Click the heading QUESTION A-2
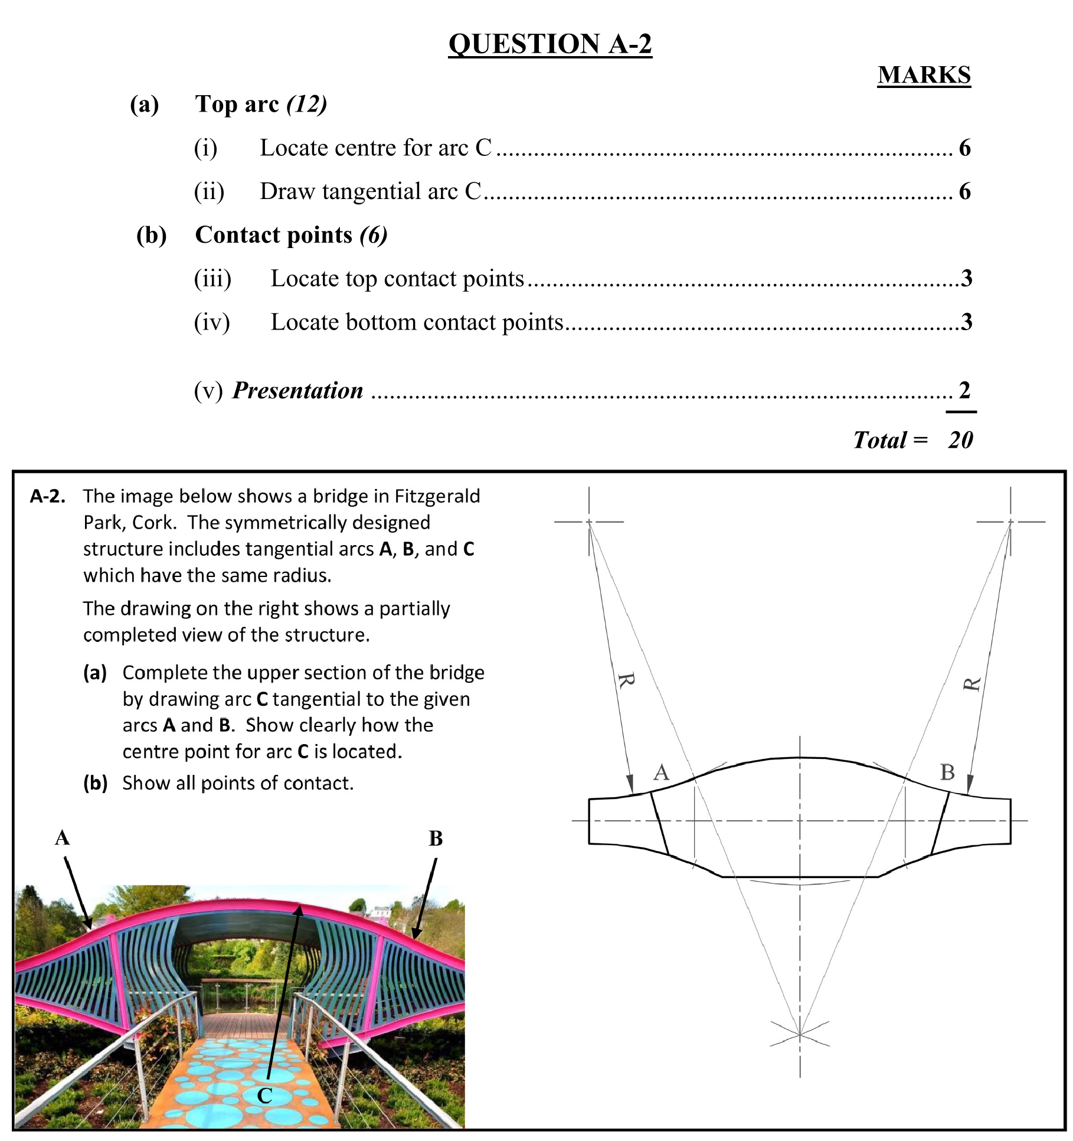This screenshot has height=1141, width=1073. (x=549, y=44)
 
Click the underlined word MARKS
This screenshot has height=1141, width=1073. (x=924, y=75)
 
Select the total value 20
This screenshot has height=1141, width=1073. (x=960, y=440)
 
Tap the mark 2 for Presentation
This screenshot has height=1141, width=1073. (x=964, y=390)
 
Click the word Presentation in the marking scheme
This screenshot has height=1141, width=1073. (x=297, y=390)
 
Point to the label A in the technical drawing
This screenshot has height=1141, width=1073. (x=662, y=772)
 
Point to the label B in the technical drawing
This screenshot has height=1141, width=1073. (x=947, y=772)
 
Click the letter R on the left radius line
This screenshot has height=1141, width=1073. (x=626, y=680)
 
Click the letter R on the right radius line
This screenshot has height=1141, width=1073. (x=971, y=684)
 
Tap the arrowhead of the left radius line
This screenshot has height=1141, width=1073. (x=630, y=784)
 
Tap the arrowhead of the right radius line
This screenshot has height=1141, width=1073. (x=970, y=784)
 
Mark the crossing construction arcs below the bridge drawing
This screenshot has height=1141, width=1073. (x=800, y=1034)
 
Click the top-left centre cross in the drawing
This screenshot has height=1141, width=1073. (x=589, y=522)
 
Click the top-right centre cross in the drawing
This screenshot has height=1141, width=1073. (x=1010, y=522)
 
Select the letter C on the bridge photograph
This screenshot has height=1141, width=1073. (x=264, y=1096)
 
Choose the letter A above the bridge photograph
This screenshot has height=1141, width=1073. (x=62, y=837)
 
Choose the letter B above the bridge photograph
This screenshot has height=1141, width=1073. (x=436, y=838)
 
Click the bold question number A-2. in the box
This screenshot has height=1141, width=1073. (x=47, y=496)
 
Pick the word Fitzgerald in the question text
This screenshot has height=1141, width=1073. (x=437, y=496)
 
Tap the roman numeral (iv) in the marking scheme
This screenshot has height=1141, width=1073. (x=212, y=322)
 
